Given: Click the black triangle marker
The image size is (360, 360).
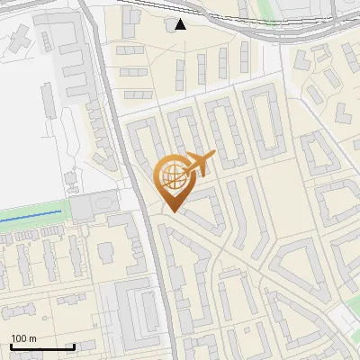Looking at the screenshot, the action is [182, 23].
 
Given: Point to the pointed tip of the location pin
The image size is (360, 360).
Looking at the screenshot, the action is [172, 211].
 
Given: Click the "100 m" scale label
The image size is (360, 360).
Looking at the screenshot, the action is [23, 338].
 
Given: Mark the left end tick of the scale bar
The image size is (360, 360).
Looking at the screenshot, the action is [11, 346].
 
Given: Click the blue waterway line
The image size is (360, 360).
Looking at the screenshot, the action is [31, 216].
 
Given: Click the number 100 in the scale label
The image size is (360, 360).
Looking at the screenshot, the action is [20, 338].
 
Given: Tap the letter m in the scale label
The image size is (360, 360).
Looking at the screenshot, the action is [32, 339].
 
